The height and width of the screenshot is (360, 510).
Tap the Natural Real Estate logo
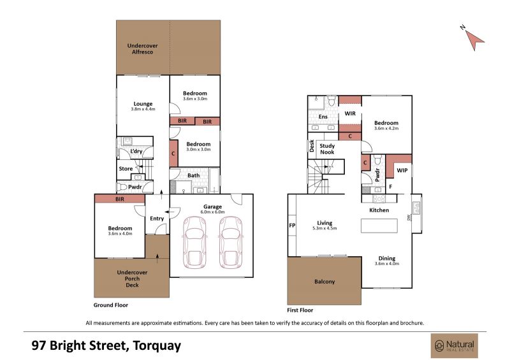[x=455, y=346]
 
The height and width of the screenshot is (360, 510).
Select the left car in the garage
[x=194, y=242]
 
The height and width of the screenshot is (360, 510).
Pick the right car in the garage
[x=231, y=242]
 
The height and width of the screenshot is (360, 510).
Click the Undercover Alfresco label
[x=142, y=49]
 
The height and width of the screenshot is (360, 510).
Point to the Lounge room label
[x=143, y=104]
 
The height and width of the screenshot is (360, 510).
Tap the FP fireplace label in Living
[x=292, y=225]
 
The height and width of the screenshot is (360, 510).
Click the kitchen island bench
[x=379, y=226]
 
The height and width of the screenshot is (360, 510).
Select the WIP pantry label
[x=402, y=170]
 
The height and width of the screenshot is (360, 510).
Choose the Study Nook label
[x=327, y=149]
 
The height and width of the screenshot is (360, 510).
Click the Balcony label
[x=324, y=282]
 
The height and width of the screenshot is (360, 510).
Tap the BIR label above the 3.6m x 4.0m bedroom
[x=120, y=199]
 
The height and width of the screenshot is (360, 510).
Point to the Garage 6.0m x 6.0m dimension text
[x=212, y=212]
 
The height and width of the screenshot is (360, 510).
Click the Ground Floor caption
[x=110, y=305]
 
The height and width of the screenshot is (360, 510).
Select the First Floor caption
[x=300, y=310]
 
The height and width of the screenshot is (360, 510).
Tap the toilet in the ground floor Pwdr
[x=122, y=187]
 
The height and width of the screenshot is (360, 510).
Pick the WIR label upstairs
[x=350, y=113]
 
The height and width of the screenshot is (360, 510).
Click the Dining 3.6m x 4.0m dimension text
[x=387, y=263]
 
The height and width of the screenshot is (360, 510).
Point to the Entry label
[x=157, y=219]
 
